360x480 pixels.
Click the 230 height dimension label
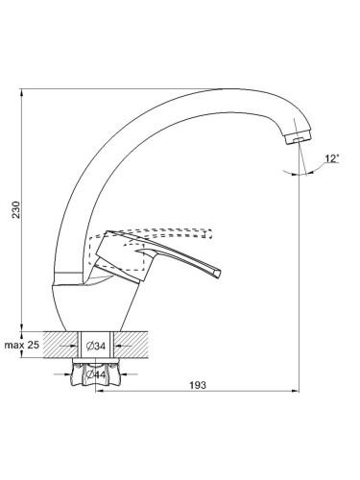(x=16, y=209)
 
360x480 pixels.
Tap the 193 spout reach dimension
(x=198, y=385)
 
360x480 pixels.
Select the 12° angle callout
(x=332, y=158)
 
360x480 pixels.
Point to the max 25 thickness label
(x=21, y=345)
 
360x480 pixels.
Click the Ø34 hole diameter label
(x=95, y=346)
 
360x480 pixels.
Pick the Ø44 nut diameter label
(x=96, y=374)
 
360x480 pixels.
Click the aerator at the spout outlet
(x=298, y=138)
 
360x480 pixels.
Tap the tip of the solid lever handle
(x=218, y=275)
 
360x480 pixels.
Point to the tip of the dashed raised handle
(x=210, y=234)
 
